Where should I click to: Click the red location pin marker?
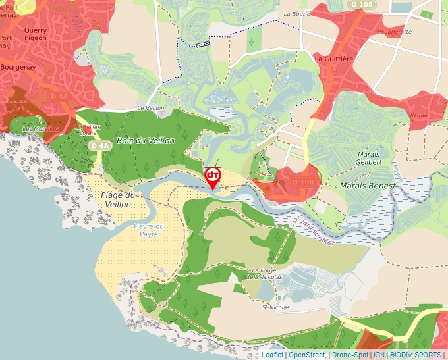(213, 176)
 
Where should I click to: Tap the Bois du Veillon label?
(146, 141)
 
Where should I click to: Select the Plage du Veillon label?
(118, 199)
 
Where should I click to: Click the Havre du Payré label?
(148, 230)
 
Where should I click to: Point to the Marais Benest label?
(368, 186)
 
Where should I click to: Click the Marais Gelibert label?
(368, 157)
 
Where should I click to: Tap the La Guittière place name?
(335, 59)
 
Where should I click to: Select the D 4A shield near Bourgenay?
(59, 96)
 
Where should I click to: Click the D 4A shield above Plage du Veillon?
(100, 145)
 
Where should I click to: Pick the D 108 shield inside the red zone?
(302, 182)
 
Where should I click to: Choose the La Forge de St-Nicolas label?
(267, 274)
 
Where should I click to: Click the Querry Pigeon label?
(35, 34)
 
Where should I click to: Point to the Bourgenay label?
(18, 67)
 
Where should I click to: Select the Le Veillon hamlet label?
(150, 108)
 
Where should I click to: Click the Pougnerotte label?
(395, 32)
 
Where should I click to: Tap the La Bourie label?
(296, 13)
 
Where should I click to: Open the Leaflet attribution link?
(272, 355)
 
